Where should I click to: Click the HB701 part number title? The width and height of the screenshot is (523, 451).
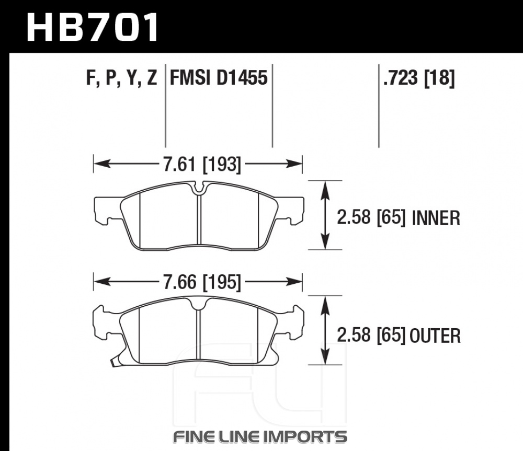[x=93, y=27]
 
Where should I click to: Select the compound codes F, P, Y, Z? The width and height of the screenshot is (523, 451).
[x=121, y=78]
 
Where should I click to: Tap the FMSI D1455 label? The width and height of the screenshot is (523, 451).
[x=219, y=78]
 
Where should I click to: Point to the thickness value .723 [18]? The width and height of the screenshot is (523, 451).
[x=419, y=78]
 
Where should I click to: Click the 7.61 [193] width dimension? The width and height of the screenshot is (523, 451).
[x=202, y=164]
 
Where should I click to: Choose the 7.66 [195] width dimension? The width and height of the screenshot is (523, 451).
[x=202, y=282]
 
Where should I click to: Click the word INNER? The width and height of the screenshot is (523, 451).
[x=436, y=218]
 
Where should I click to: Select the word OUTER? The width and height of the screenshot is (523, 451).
[x=435, y=336]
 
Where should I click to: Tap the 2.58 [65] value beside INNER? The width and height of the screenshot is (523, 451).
[x=371, y=218]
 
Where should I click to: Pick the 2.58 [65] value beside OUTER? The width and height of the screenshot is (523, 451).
[x=371, y=336]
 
